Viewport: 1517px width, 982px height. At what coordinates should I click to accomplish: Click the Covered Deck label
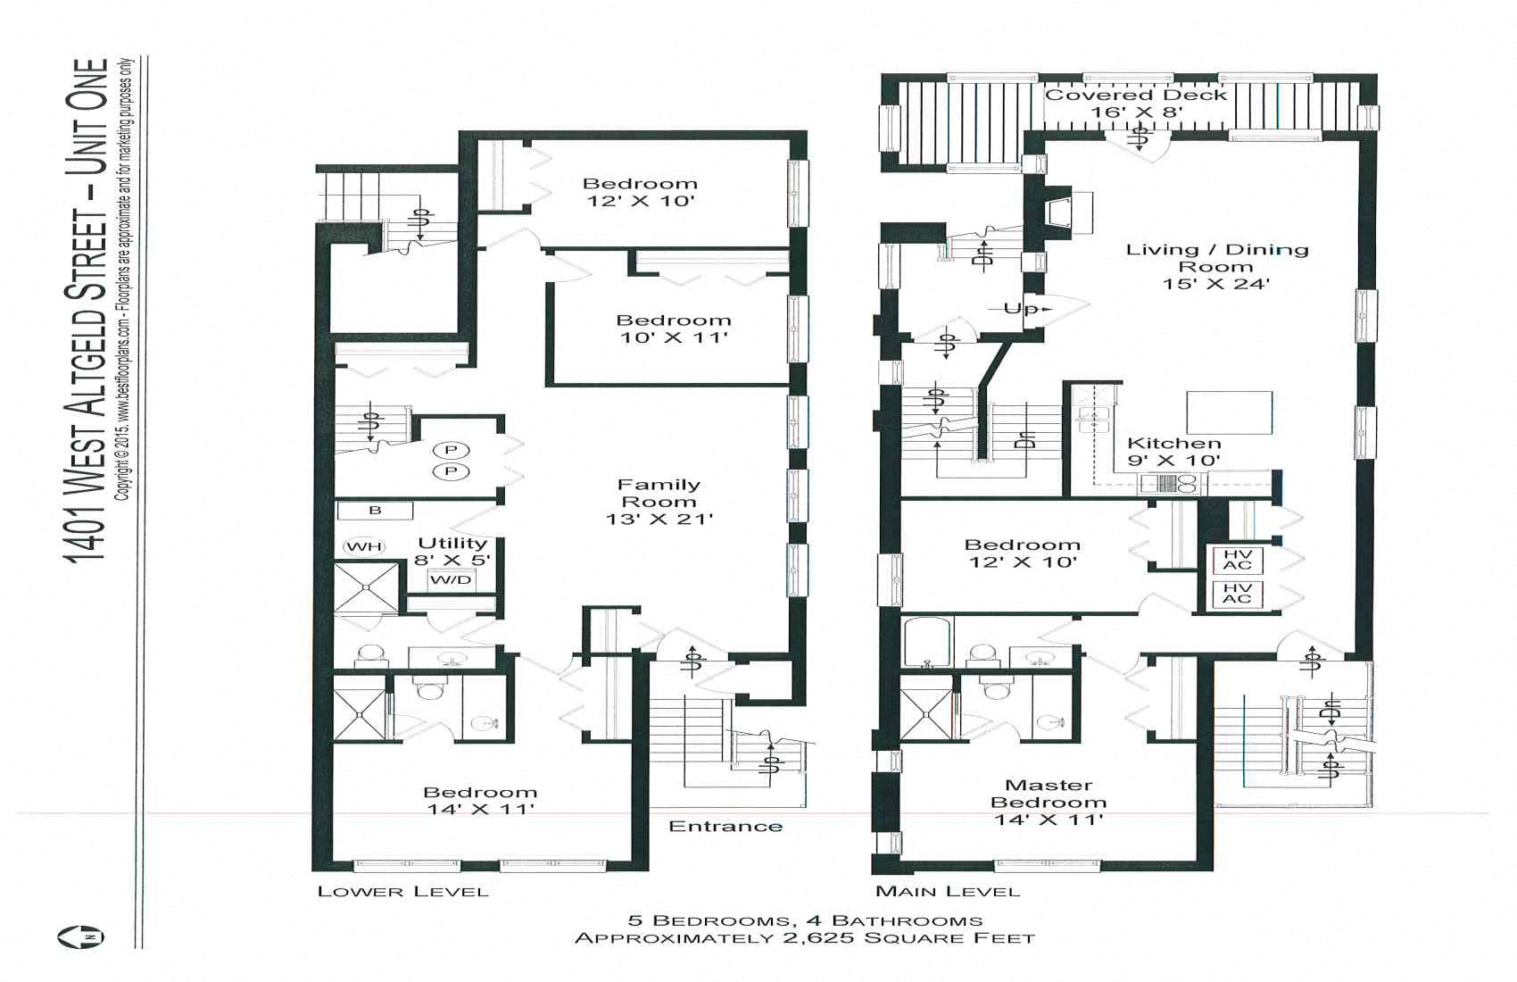(1136, 103)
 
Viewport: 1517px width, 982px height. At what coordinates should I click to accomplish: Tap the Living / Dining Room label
(1216, 266)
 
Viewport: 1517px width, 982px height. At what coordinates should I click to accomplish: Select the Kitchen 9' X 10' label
(1173, 451)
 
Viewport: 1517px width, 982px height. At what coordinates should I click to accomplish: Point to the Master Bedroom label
(1049, 801)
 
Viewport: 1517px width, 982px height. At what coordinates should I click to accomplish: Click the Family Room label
(659, 501)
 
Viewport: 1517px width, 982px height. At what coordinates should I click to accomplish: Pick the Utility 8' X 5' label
(452, 551)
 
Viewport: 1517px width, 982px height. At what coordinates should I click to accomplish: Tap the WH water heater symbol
(364, 546)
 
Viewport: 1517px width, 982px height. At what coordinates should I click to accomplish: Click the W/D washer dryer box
(451, 580)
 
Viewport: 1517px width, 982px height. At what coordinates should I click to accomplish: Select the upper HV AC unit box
(1237, 560)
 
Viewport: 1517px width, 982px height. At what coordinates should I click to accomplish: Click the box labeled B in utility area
(375, 511)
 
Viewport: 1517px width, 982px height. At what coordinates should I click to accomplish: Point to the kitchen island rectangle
(1229, 412)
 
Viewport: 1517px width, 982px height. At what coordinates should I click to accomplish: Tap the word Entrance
(725, 826)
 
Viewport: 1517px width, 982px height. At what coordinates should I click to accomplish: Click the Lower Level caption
(403, 891)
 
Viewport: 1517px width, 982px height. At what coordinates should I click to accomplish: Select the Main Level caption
(948, 891)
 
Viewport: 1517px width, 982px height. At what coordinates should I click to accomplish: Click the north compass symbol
(81, 936)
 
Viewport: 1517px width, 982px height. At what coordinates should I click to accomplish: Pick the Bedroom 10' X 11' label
(674, 328)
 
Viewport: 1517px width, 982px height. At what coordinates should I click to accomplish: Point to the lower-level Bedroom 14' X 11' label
(480, 800)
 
